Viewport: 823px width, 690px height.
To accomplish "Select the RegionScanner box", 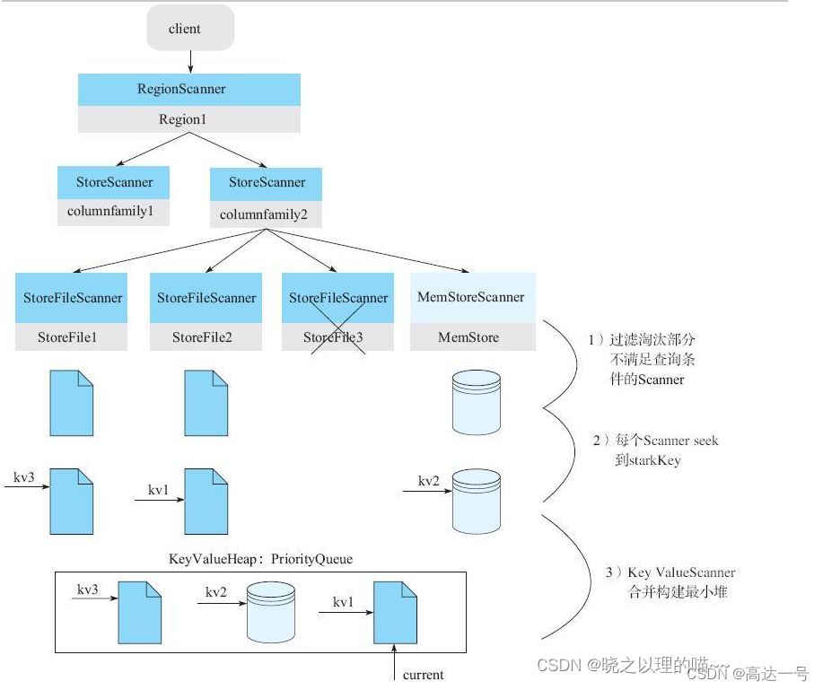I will [x=189, y=89].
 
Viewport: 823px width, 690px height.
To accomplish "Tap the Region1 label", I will [x=189, y=119].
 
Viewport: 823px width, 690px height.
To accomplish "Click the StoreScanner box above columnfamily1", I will [x=114, y=182].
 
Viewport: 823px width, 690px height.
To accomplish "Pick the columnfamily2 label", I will [x=265, y=214].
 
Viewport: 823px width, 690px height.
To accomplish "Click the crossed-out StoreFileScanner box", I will [x=338, y=298].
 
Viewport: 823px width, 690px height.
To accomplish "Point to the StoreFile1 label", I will [x=71, y=337].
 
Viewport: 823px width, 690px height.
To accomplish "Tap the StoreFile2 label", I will [x=206, y=337].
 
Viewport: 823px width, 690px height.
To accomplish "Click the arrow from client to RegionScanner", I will [x=190, y=62].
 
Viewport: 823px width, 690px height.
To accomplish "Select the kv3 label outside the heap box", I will [x=23, y=476].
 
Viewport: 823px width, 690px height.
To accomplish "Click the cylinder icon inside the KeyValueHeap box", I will [x=270, y=613].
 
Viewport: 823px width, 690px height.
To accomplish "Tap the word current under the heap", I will [x=423, y=675].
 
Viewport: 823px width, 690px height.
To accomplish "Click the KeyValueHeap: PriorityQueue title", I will [x=260, y=559].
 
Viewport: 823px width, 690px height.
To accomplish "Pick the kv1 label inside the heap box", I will [x=345, y=602].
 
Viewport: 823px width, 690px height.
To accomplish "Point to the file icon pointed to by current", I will [x=395, y=613].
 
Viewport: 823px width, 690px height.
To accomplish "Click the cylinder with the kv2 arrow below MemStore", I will [x=477, y=501].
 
